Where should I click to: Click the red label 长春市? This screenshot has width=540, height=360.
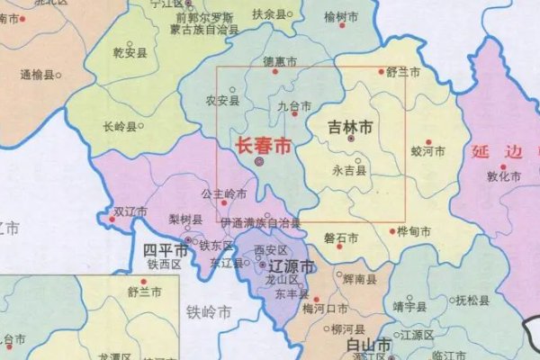point(262,145)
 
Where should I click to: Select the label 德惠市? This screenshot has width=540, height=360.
point(279,62)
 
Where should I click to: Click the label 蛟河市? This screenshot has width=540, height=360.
point(427,152)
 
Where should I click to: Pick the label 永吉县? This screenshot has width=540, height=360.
point(347,169)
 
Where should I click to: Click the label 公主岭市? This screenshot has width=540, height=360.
point(223,193)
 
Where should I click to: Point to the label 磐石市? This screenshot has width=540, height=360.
point(341,238)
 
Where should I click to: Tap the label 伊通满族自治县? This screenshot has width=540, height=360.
point(260,221)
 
